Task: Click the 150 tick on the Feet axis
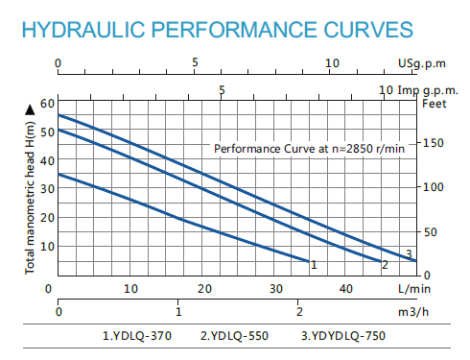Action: pyautogui.click(x=434, y=143)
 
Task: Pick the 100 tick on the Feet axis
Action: pyautogui.click(x=434, y=187)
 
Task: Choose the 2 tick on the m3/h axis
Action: pyautogui.click(x=299, y=312)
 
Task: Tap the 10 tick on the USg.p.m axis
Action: pyautogui.click(x=332, y=64)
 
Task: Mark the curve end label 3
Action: pyautogui.click(x=409, y=253)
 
